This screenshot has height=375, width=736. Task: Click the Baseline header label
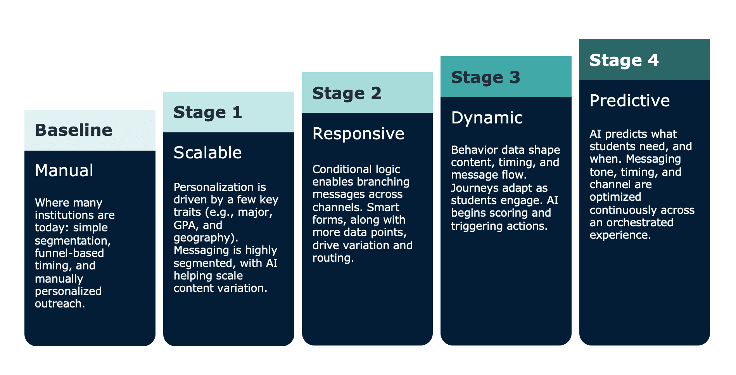(x=74, y=130)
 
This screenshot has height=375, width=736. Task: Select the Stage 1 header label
(x=208, y=112)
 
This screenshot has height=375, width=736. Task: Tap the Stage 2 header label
(x=347, y=93)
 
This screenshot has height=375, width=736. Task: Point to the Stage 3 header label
(x=485, y=77)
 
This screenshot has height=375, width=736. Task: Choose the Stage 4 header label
(x=624, y=60)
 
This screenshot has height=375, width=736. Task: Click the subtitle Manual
(x=64, y=170)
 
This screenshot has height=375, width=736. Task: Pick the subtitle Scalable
(x=207, y=153)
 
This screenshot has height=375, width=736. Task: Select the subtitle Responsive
(x=358, y=134)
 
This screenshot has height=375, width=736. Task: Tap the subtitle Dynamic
(x=487, y=118)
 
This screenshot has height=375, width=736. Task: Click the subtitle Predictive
(x=630, y=101)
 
